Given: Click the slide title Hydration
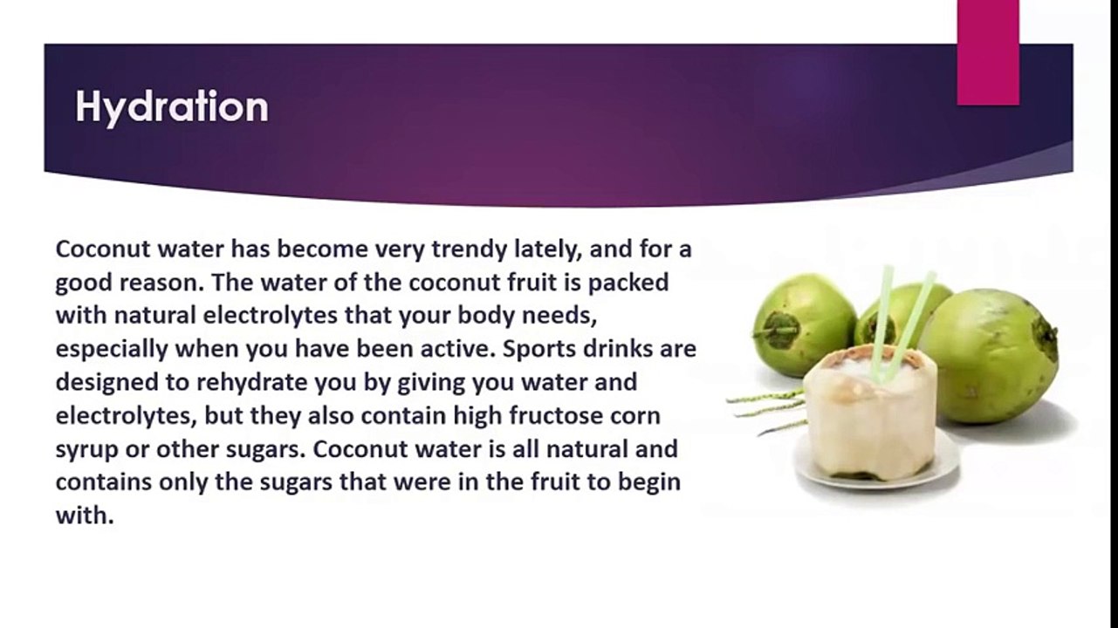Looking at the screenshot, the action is coord(172,107).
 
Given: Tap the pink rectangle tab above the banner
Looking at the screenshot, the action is coord(988,52).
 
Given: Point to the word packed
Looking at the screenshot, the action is coord(628,283).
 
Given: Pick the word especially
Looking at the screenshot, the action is coord(112,350).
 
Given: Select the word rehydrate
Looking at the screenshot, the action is coord(251,383).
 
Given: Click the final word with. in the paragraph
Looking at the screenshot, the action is coord(85,515).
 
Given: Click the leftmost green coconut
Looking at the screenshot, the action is coord(803,324).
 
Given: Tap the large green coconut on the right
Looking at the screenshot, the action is coord(991,357).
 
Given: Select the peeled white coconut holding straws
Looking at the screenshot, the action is coord(871,412).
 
